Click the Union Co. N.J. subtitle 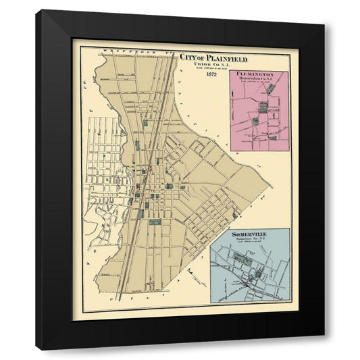(199, 64)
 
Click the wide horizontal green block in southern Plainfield (155, 222)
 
